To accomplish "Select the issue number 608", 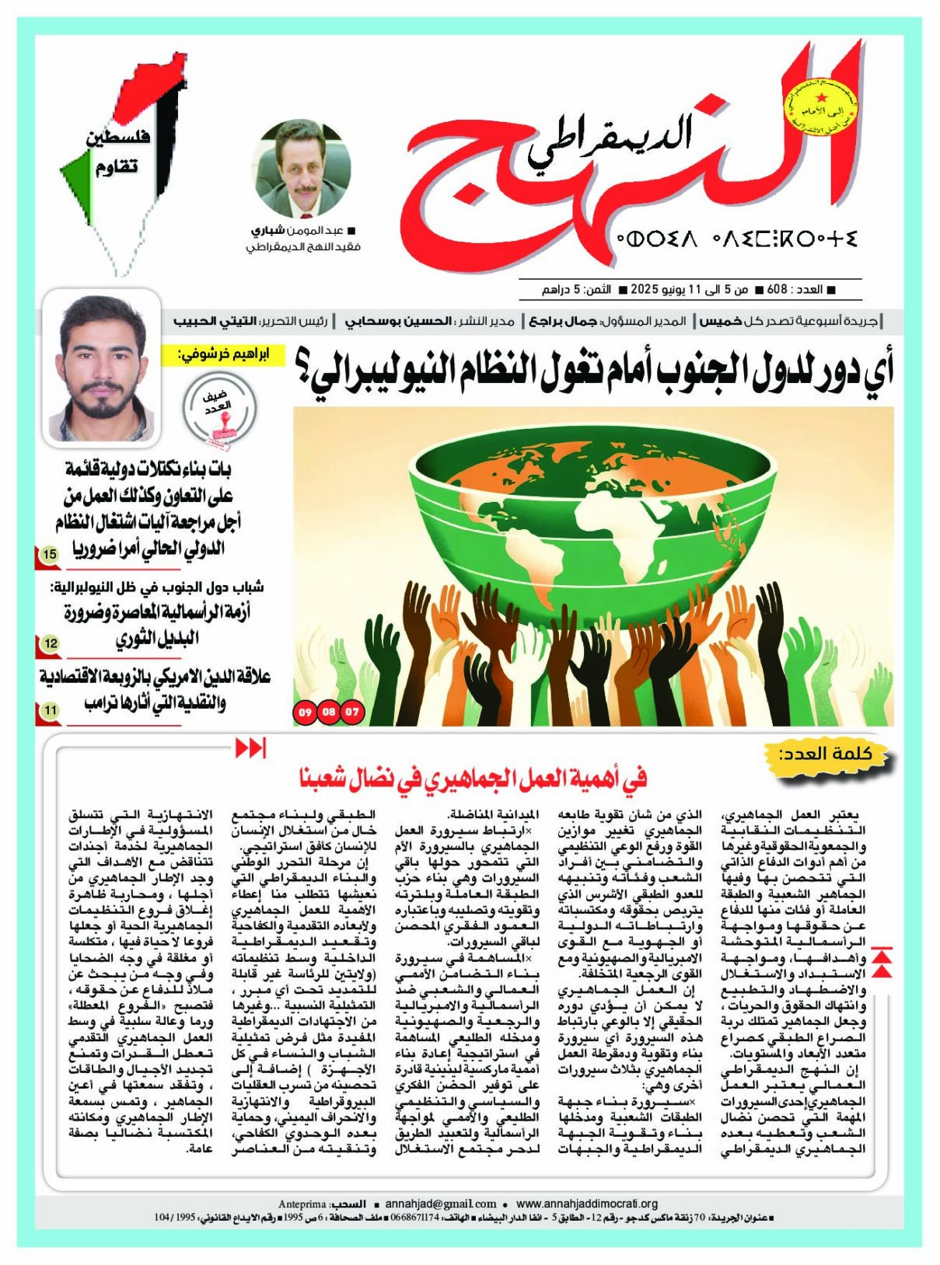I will point(777,290).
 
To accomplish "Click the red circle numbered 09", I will point(304,712).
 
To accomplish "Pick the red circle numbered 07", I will point(353,712).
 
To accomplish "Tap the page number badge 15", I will point(50,555).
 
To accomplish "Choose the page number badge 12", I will point(51,643).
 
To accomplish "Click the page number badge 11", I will point(50,710).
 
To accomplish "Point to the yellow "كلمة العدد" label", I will point(826,754).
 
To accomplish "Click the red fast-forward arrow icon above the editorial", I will point(250,747).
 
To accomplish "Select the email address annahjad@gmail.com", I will point(441,1204).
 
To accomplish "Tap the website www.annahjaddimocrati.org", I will point(587,1204).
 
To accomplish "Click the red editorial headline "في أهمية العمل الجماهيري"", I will point(473,778).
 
